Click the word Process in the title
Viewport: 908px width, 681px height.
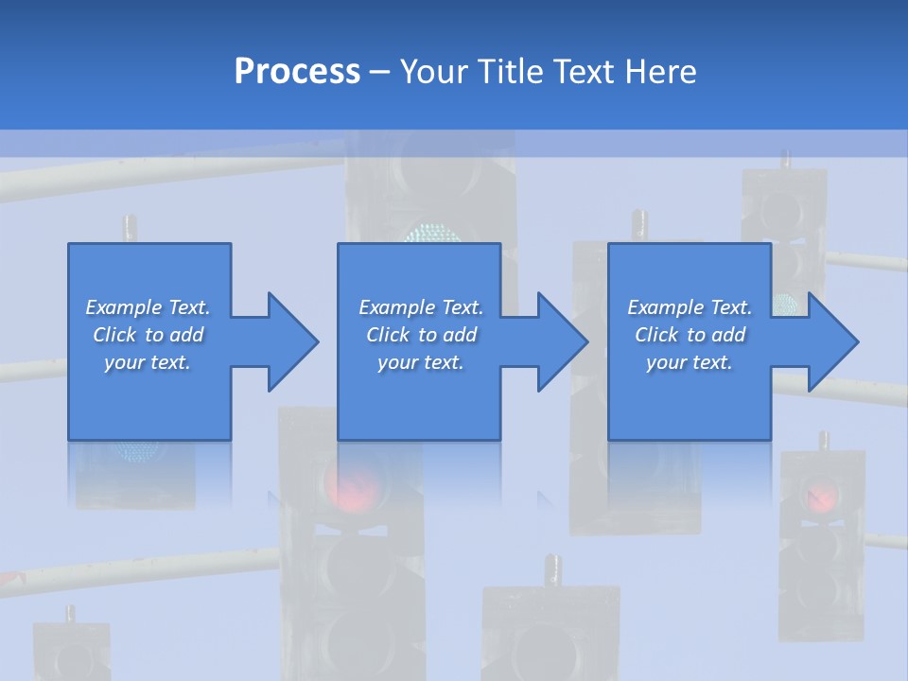pyautogui.click(x=297, y=72)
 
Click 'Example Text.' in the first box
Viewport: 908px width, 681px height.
pyautogui.click(x=148, y=307)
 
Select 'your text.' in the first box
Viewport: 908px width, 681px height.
pyautogui.click(x=148, y=362)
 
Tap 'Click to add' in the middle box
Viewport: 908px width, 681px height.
pyautogui.click(x=421, y=335)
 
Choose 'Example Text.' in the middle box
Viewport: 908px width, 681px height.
pyautogui.click(x=421, y=307)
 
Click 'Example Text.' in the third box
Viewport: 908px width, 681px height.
pyautogui.click(x=690, y=307)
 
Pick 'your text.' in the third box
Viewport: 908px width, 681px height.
pyautogui.click(x=690, y=362)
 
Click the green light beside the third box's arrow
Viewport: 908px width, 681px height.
pyautogui.click(x=784, y=305)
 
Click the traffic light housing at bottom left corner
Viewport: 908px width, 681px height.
pyautogui.click(x=72, y=653)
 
